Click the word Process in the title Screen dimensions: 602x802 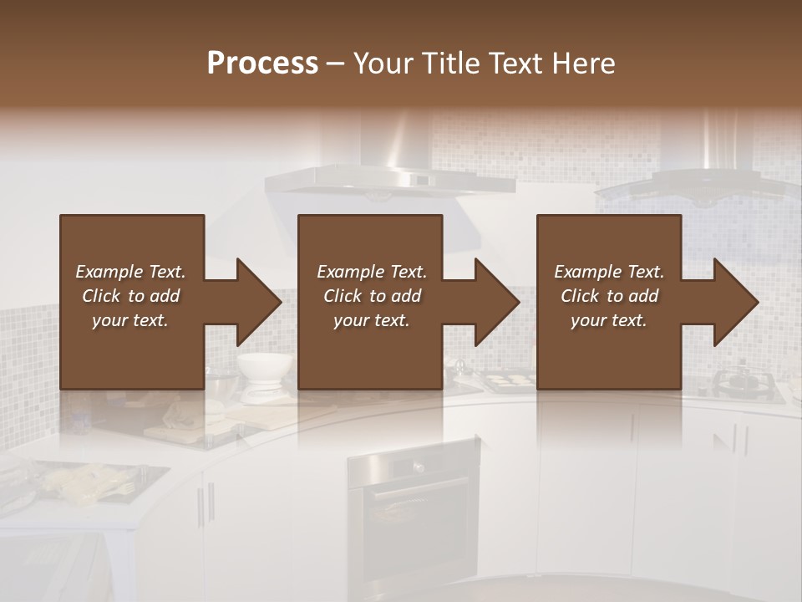[x=262, y=64]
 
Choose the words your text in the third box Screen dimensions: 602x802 [x=609, y=320]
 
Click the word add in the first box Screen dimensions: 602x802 [x=164, y=296]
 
